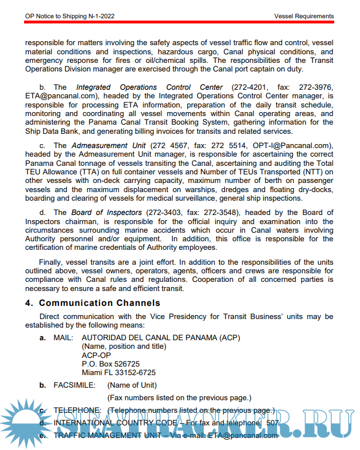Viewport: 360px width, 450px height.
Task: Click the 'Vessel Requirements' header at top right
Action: pos(304,17)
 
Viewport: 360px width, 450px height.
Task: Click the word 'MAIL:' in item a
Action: pos(64,338)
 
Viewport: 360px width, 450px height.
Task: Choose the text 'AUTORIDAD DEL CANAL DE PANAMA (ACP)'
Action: pos(161,338)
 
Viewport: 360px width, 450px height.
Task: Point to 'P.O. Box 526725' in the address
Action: pos(111,364)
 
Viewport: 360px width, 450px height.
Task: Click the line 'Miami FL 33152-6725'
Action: pos(118,372)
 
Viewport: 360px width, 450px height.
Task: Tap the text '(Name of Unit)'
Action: pos(132,385)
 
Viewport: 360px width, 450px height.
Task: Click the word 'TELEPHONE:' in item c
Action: pos(77,411)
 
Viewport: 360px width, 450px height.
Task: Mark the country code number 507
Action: pos(272,423)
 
